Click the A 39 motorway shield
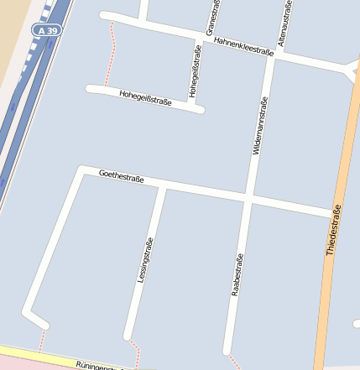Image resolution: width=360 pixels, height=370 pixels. [48, 30]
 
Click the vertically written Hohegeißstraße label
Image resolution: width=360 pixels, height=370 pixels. [196, 71]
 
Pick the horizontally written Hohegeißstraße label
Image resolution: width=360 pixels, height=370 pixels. [145, 98]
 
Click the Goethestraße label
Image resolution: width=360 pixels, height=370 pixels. [122, 176]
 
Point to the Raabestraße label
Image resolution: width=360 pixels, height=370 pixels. [237, 275]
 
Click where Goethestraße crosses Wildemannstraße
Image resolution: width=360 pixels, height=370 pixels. [250, 199]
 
